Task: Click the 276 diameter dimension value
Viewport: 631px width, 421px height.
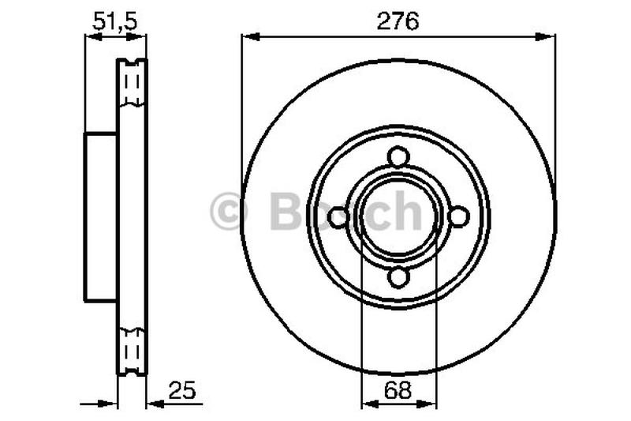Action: [x=398, y=21]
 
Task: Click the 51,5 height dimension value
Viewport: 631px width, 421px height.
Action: [x=114, y=21]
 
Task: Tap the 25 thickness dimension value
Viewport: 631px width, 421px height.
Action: [x=182, y=390]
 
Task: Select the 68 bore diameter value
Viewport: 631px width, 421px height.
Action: [x=398, y=390]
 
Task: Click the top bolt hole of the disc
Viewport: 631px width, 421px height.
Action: [x=398, y=157]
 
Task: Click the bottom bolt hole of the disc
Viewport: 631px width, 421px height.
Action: [x=398, y=277]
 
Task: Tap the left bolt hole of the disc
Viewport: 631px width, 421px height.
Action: [x=338, y=217]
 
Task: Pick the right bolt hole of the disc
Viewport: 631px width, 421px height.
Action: [x=459, y=216]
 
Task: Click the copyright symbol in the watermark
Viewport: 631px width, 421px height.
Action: [x=228, y=211]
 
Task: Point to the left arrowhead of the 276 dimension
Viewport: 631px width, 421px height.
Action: [x=251, y=37]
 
